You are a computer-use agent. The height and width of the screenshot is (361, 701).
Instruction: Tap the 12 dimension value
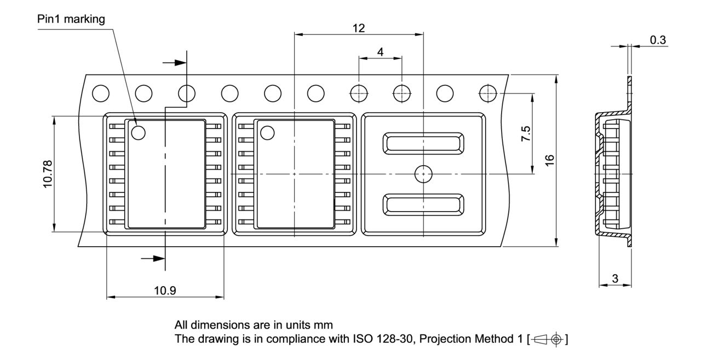(359, 28)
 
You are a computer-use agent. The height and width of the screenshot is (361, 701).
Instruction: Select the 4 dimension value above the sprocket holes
(380, 51)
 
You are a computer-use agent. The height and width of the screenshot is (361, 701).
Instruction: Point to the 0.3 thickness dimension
(657, 40)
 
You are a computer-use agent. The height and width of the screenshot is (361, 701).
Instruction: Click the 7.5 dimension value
(525, 135)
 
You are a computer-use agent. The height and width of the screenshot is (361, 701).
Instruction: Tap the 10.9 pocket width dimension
(164, 290)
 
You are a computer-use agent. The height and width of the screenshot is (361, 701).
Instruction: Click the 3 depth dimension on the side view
(614, 278)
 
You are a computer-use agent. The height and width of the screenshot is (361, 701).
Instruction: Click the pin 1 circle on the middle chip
(267, 132)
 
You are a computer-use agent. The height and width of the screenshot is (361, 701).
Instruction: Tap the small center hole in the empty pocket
(423, 174)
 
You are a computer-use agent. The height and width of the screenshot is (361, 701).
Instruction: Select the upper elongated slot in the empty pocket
(423, 143)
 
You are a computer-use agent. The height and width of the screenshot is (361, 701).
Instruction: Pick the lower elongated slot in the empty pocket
(423, 205)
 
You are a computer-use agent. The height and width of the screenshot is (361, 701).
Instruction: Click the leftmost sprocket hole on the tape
(101, 94)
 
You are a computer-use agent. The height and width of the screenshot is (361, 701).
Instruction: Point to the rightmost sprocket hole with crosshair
(487, 94)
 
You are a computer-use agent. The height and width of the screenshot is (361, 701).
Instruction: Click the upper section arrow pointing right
(176, 62)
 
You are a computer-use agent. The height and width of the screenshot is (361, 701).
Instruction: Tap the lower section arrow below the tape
(153, 258)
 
